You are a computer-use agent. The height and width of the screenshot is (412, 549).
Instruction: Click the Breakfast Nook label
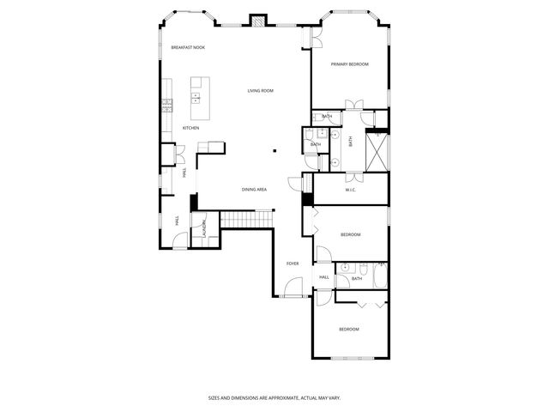click(x=187, y=47)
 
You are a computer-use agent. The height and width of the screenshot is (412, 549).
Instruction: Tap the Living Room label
click(x=260, y=91)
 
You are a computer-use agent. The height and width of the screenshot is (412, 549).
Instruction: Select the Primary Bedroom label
click(x=350, y=64)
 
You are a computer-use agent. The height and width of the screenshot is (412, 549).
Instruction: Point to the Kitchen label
click(x=190, y=129)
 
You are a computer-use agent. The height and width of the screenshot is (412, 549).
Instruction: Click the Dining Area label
click(x=254, y=189)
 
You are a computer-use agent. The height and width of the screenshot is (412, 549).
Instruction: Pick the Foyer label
click(x=293, y=264)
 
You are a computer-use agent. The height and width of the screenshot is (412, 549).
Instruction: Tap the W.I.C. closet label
click(x=351, y=190)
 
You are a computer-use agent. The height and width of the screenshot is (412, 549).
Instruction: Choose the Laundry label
click(x=204, y=229)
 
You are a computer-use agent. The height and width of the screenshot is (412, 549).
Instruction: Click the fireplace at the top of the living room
click(x=257, y=21)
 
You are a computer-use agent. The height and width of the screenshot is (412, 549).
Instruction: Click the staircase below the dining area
click(x=246, y=220)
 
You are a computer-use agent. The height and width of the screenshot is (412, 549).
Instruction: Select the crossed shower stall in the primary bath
click(x=377, y=151)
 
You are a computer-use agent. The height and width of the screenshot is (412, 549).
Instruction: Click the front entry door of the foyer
click(x=294, y=296)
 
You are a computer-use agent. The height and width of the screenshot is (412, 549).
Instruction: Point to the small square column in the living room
click(x=274, y=151)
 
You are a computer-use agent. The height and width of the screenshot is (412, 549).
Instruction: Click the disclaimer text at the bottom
click(x=274, y=398)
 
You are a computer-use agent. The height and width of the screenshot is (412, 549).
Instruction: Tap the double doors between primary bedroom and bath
click(x=353, y=106)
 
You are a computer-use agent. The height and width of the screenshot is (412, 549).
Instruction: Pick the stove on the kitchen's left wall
click(x=166, y=106)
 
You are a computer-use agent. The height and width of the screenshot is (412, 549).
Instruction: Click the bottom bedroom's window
click(x=353, y=357)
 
